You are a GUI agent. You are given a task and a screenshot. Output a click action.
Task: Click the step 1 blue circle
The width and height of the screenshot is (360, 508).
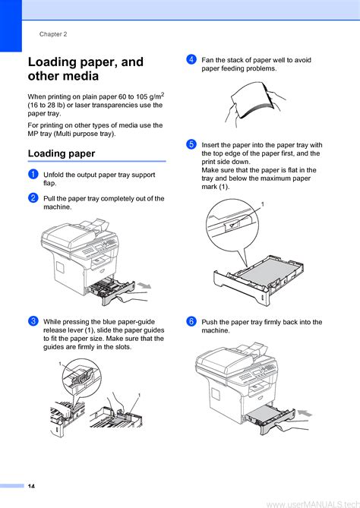pos(33,174)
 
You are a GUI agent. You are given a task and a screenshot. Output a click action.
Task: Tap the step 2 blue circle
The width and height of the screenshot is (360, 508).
pos(33,197)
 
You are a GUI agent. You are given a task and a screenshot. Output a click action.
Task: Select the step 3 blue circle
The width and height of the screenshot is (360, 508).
pos(33,321)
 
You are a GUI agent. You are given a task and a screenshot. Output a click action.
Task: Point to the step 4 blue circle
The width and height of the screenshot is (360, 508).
pos(191,59)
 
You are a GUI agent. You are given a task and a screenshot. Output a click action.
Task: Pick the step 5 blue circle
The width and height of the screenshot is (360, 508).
pos(191,144)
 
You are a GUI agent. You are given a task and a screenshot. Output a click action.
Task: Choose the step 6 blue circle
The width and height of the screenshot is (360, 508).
pos(191,321)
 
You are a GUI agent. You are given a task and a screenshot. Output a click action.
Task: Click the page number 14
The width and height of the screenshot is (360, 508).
pos(31,486)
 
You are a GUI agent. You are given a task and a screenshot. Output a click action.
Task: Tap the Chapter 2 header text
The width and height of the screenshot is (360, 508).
pos(53,34)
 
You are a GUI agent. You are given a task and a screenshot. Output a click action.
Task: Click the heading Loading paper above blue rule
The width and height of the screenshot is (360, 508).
pos(62,153)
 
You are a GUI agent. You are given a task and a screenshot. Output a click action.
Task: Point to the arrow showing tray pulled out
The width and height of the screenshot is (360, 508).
pos(144,286)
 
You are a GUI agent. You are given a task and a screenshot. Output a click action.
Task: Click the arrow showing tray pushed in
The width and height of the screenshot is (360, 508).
pos(305,413)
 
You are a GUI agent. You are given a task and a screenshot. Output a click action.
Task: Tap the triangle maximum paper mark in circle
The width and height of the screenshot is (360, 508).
pos(232,225)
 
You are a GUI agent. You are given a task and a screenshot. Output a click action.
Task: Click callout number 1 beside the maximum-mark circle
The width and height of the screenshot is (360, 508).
pos(263,204)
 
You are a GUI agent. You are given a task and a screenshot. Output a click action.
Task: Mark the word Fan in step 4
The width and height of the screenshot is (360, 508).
pos(207,60)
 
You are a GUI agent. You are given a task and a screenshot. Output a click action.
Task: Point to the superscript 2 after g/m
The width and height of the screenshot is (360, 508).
pos(163,94)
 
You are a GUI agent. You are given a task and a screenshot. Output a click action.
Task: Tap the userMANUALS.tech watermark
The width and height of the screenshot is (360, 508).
pos(313,503)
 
